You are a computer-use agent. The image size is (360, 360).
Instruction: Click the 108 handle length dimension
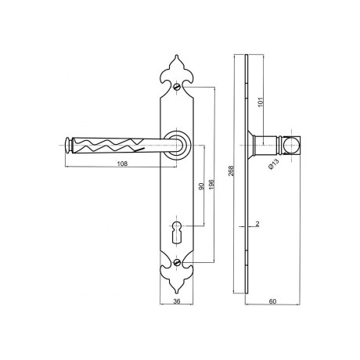pyautogui.click(x=122, y=164)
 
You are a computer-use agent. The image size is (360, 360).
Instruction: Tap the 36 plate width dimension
pyautogui.click(x=177, y=301)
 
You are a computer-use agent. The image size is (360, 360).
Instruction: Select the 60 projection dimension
pyautogui.click(x=272, y=301)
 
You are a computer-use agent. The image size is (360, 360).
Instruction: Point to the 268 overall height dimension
pyautogui.click(x=232, y=171)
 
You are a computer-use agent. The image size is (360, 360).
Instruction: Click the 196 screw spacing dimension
pyautogui.click(x=211, y=185)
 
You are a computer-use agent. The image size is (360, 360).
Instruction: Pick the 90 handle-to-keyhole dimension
pyautogui.click(x=201, y=186)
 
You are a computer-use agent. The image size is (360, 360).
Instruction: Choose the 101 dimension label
pyautogui.click(x=261, y=102)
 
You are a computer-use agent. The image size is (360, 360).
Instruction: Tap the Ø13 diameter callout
pyautogui.click(x=274, y=164)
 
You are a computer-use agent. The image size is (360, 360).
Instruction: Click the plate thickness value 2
pyautogui.click(x=257, y=224)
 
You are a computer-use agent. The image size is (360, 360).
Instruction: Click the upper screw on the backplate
pyautogui.click(x=177, y=87)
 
